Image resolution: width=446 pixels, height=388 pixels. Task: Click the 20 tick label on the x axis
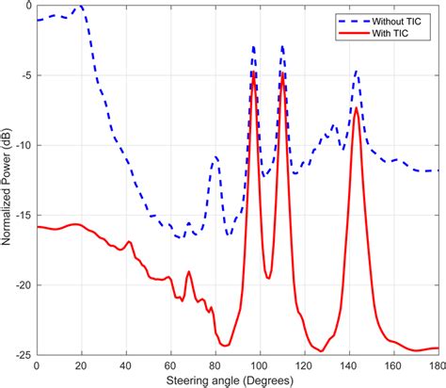81,365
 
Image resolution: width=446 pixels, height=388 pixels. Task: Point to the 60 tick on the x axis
170,365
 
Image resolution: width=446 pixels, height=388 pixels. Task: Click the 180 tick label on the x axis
434,365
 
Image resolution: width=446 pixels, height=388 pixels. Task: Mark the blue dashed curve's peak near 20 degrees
80,7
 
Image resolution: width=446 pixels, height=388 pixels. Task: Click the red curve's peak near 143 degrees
356,107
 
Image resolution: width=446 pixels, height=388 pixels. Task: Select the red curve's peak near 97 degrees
253,73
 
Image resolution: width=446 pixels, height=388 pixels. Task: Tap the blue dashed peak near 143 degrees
356,71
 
